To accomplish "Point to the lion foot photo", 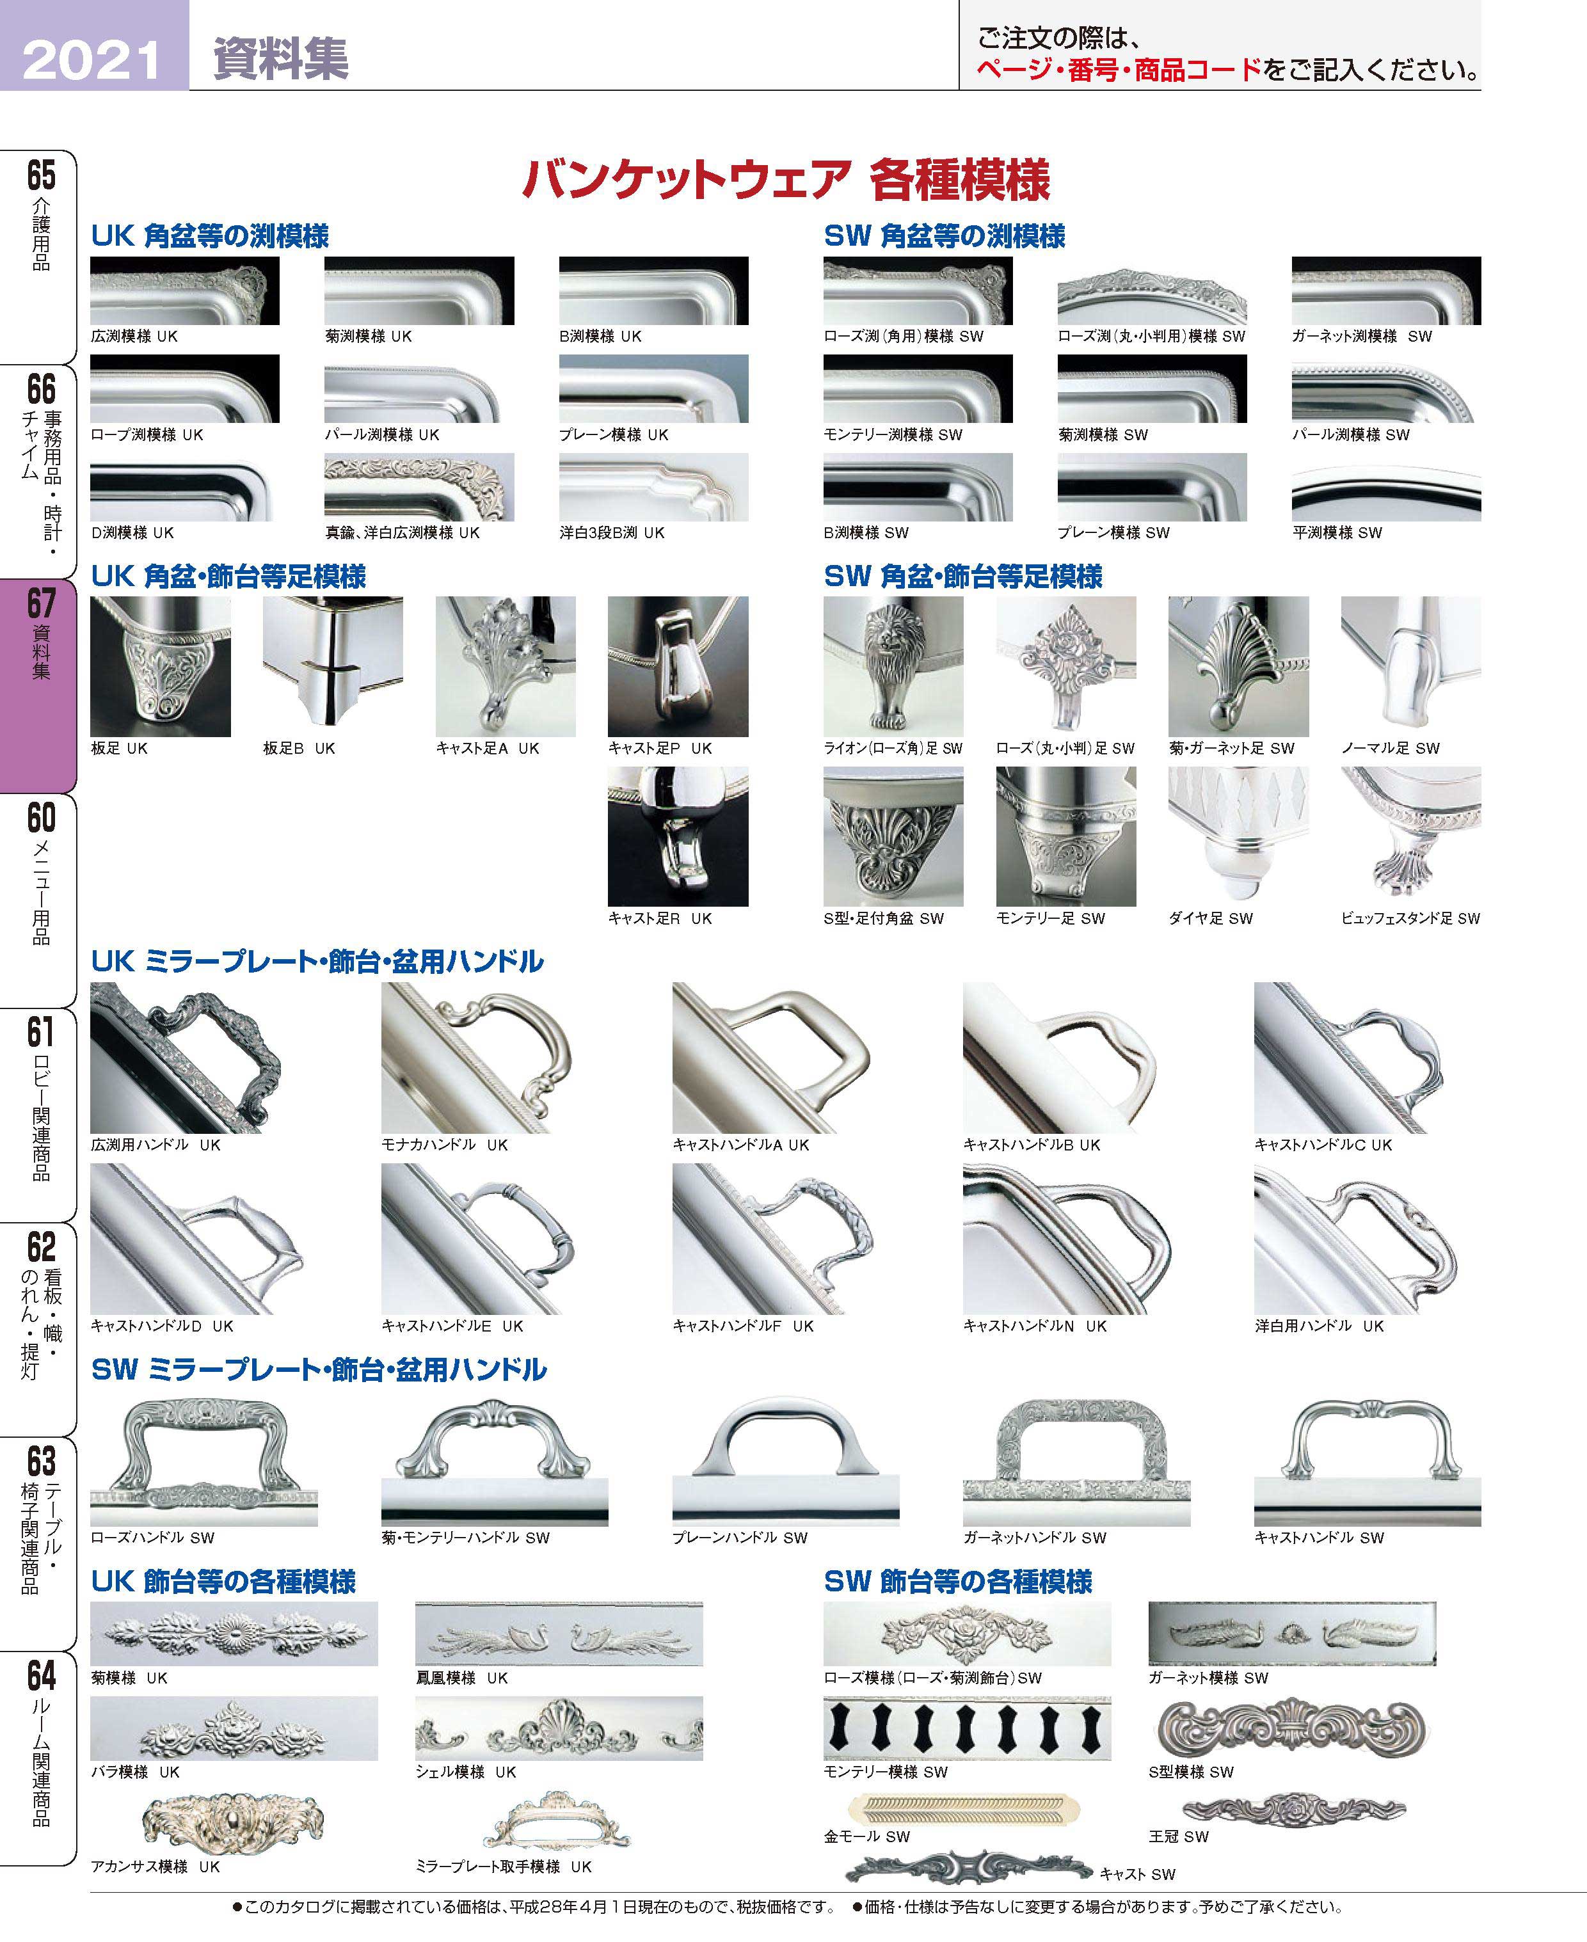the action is [893, 666].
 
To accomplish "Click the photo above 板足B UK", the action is [333, 666].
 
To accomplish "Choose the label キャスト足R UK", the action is [659, 918].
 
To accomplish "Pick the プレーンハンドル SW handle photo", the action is [785, 1461].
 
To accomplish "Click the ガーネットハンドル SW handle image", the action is [1077, 1461].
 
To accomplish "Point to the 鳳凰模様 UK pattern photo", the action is [559, 1633].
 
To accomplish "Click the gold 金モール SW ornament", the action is [964, 1807].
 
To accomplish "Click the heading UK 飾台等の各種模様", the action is [223, 1581].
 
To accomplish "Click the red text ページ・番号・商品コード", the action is [1119, 70].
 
